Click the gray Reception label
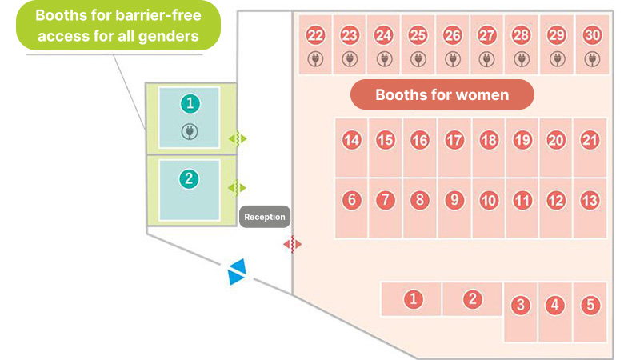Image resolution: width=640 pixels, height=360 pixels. pos(265,217)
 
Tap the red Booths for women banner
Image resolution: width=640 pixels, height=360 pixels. pos(442,94)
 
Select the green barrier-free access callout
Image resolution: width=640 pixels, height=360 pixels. pos(118,26)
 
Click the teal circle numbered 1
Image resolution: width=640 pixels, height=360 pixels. pos(190,103)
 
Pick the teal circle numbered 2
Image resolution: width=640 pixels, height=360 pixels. pos(189,178)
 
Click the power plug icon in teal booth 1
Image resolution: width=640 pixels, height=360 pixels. pos(190,132)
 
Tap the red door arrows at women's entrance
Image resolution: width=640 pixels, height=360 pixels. pos(293,244)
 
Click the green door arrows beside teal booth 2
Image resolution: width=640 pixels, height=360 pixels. pos(237,188)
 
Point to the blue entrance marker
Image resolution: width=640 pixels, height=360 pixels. pos(237,271)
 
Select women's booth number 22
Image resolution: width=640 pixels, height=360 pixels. pos(315,35)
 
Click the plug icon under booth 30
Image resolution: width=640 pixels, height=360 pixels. pos(592,59)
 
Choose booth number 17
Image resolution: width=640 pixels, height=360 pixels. pos(454,141)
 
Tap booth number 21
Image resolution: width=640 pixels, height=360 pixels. pos(590,141)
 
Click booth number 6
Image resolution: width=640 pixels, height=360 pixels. pos(352,201)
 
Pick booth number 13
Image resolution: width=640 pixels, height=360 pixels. pos(590,201)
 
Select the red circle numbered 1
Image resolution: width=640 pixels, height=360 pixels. pos(414,299)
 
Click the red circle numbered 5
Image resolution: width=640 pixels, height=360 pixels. pos(590,305)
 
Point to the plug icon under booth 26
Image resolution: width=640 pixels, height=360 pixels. pos(453,59)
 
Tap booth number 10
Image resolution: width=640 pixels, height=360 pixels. pos(489,201)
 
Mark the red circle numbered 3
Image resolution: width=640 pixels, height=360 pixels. pos(521,305)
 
